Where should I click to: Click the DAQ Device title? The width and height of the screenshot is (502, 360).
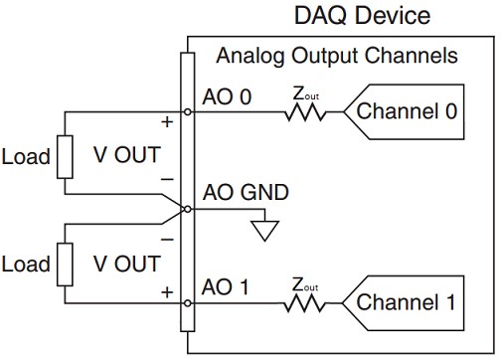coord(363,16)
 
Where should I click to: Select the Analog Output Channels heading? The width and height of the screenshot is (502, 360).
coord(337,55)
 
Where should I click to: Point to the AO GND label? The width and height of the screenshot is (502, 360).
coord(245,192)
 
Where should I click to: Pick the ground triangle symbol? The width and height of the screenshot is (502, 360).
coord(263,232)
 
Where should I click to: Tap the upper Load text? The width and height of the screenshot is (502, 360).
coord(26,157)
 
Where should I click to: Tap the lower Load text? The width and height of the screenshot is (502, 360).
coord(26,264)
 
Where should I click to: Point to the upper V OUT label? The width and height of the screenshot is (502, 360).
coord(126,157)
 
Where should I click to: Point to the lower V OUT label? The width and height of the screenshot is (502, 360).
coord(126,264)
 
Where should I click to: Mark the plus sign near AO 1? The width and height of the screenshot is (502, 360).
coord(166,293)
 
